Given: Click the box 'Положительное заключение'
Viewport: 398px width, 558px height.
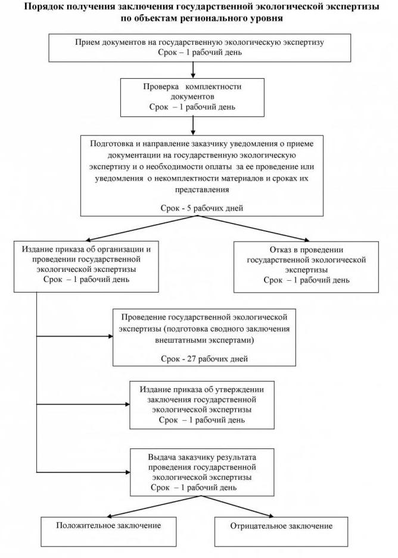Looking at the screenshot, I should point(108,526).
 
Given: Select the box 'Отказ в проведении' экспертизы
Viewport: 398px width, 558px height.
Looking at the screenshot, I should point(306,266).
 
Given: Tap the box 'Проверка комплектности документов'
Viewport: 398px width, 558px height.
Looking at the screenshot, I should point(192,97).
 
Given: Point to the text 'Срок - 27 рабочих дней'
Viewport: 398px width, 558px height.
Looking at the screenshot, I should point(204,359).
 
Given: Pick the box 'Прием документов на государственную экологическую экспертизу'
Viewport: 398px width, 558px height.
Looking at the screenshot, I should point(192,48).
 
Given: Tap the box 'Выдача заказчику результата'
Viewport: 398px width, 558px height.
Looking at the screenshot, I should point(203,471).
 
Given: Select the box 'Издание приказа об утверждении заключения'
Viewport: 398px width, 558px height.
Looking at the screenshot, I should point(201,404).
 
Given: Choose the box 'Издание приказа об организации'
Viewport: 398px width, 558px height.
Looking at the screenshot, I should point(86,265).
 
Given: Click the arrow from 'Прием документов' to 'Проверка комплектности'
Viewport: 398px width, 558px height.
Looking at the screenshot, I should point(192,70).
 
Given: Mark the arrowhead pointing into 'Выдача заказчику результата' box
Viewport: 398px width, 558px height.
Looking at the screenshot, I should point(127,470).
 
